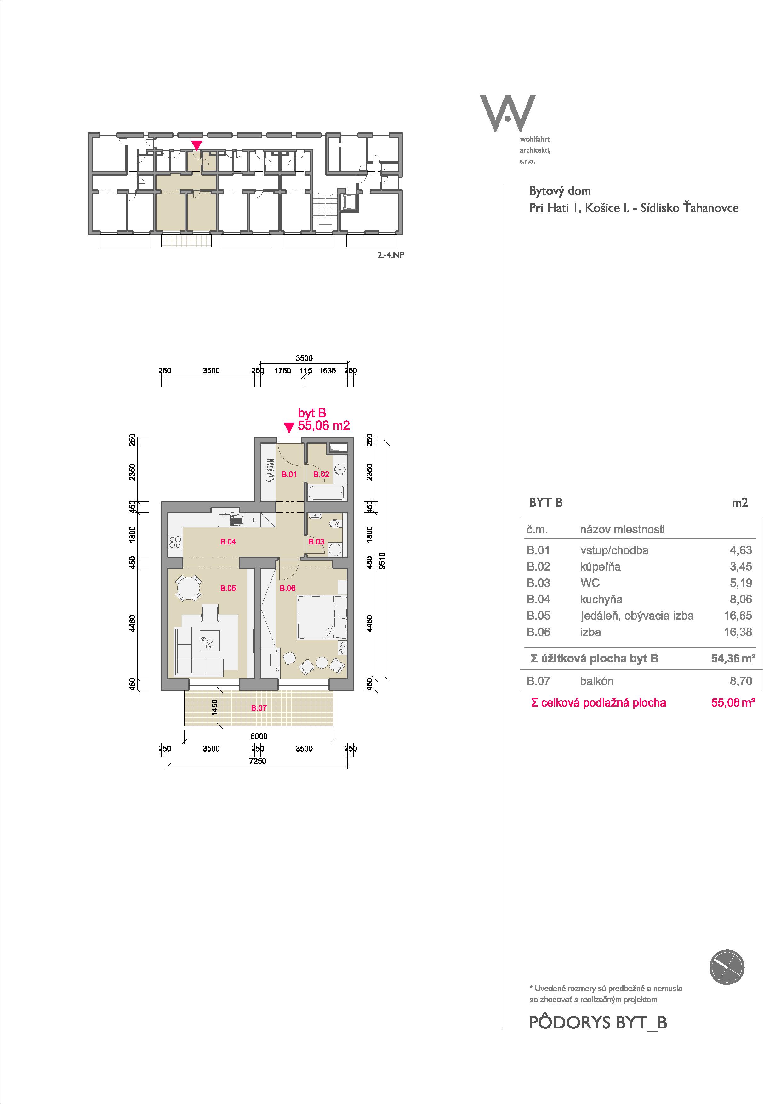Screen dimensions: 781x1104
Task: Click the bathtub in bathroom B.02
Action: [x=326, y=493]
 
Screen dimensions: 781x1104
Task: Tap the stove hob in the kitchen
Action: [x=175, y=542]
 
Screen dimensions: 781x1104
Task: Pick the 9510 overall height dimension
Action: [x=382, y=560]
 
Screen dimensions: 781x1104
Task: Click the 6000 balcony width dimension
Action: [x=259, y=736]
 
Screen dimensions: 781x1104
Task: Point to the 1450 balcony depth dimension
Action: [x=215, y=707]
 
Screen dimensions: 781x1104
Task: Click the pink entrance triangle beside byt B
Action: [x=288, y=427]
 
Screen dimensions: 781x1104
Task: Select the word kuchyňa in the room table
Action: [x=601, y=600]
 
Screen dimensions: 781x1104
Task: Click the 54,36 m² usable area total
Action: [x=733, y=659]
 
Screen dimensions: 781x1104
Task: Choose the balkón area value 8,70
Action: [x=741, y=681]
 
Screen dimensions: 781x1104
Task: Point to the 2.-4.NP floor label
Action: [x=390, y=255]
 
